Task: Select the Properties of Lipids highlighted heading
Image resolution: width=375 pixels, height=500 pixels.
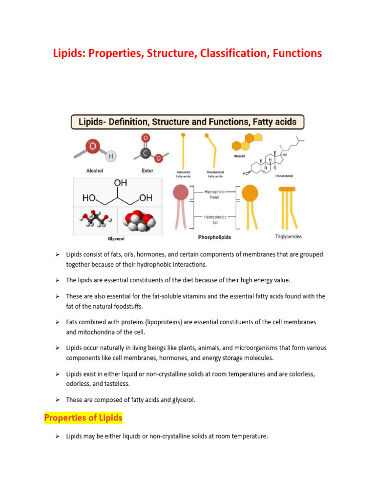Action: pyautogui.click(x=83, y=417)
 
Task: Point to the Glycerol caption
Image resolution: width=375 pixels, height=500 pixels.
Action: pyautogui.click(x=117, y=239)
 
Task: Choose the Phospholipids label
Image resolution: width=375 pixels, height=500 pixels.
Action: pyautogui.click(x=214, y=237)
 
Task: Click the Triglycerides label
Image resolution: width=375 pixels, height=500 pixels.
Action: pyautogui.click(x=288, y=237)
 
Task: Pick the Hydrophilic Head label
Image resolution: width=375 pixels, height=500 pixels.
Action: pyautogui.click(x=214, y=194)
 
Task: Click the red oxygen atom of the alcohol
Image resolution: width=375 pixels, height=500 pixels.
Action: pyautogui.click(x=93, y=146)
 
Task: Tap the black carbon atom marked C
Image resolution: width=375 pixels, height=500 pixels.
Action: pyautogui.click(x=145, y=153)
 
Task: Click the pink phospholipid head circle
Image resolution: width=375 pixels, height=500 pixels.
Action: pyautogui.click(x=180, y=193)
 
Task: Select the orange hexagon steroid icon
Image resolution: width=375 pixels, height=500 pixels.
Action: pyautogui.click(x=242, y=143)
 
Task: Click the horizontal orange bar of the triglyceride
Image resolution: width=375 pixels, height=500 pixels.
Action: pyautogui.click(x=287, y=189)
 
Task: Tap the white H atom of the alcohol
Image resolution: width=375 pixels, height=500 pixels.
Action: pyautogui.click(x=111, y=156)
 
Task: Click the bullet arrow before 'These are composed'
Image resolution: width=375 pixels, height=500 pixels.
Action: pyautogui.click(x=57, y=399)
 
